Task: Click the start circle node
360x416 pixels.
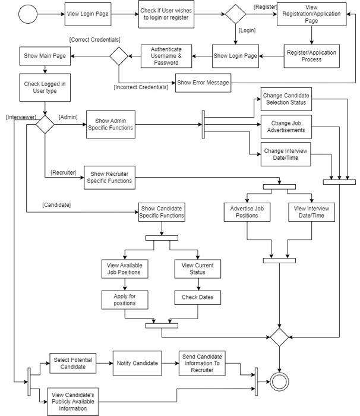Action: click(27, 14)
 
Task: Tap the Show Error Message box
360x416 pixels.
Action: click(203, 83)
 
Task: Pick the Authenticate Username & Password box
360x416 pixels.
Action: click(166, 56)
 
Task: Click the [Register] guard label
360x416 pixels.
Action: click(264, 7)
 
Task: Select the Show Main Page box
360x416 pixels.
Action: click(45, 56)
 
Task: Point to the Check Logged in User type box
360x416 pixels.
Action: click(45, 88)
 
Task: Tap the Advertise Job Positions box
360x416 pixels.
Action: click(247, 212)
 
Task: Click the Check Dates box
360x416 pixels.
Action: click(198, 298)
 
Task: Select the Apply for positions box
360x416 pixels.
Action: click(125, 299)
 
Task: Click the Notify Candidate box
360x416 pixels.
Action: click(137, 363)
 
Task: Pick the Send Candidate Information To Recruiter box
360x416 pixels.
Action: click(204, 363)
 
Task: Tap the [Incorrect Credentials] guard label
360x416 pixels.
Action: click(141, 87)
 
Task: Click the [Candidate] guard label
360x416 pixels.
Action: click(56, 204)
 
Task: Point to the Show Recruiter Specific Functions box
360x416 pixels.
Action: click(109, 177)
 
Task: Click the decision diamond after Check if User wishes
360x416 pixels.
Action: click(235, 14)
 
